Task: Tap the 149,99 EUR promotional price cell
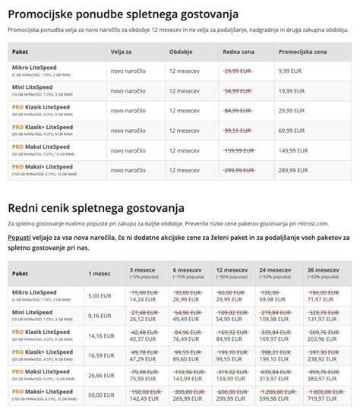click(x=296, y=150)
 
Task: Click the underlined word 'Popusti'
click(x=20, y=238)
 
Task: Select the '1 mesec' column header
click(x=99, y=272)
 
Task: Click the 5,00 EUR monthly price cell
click(x=100, y=295)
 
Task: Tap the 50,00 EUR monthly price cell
click(x=102, y=396)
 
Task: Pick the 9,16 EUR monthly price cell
click(x=100, y=315)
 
